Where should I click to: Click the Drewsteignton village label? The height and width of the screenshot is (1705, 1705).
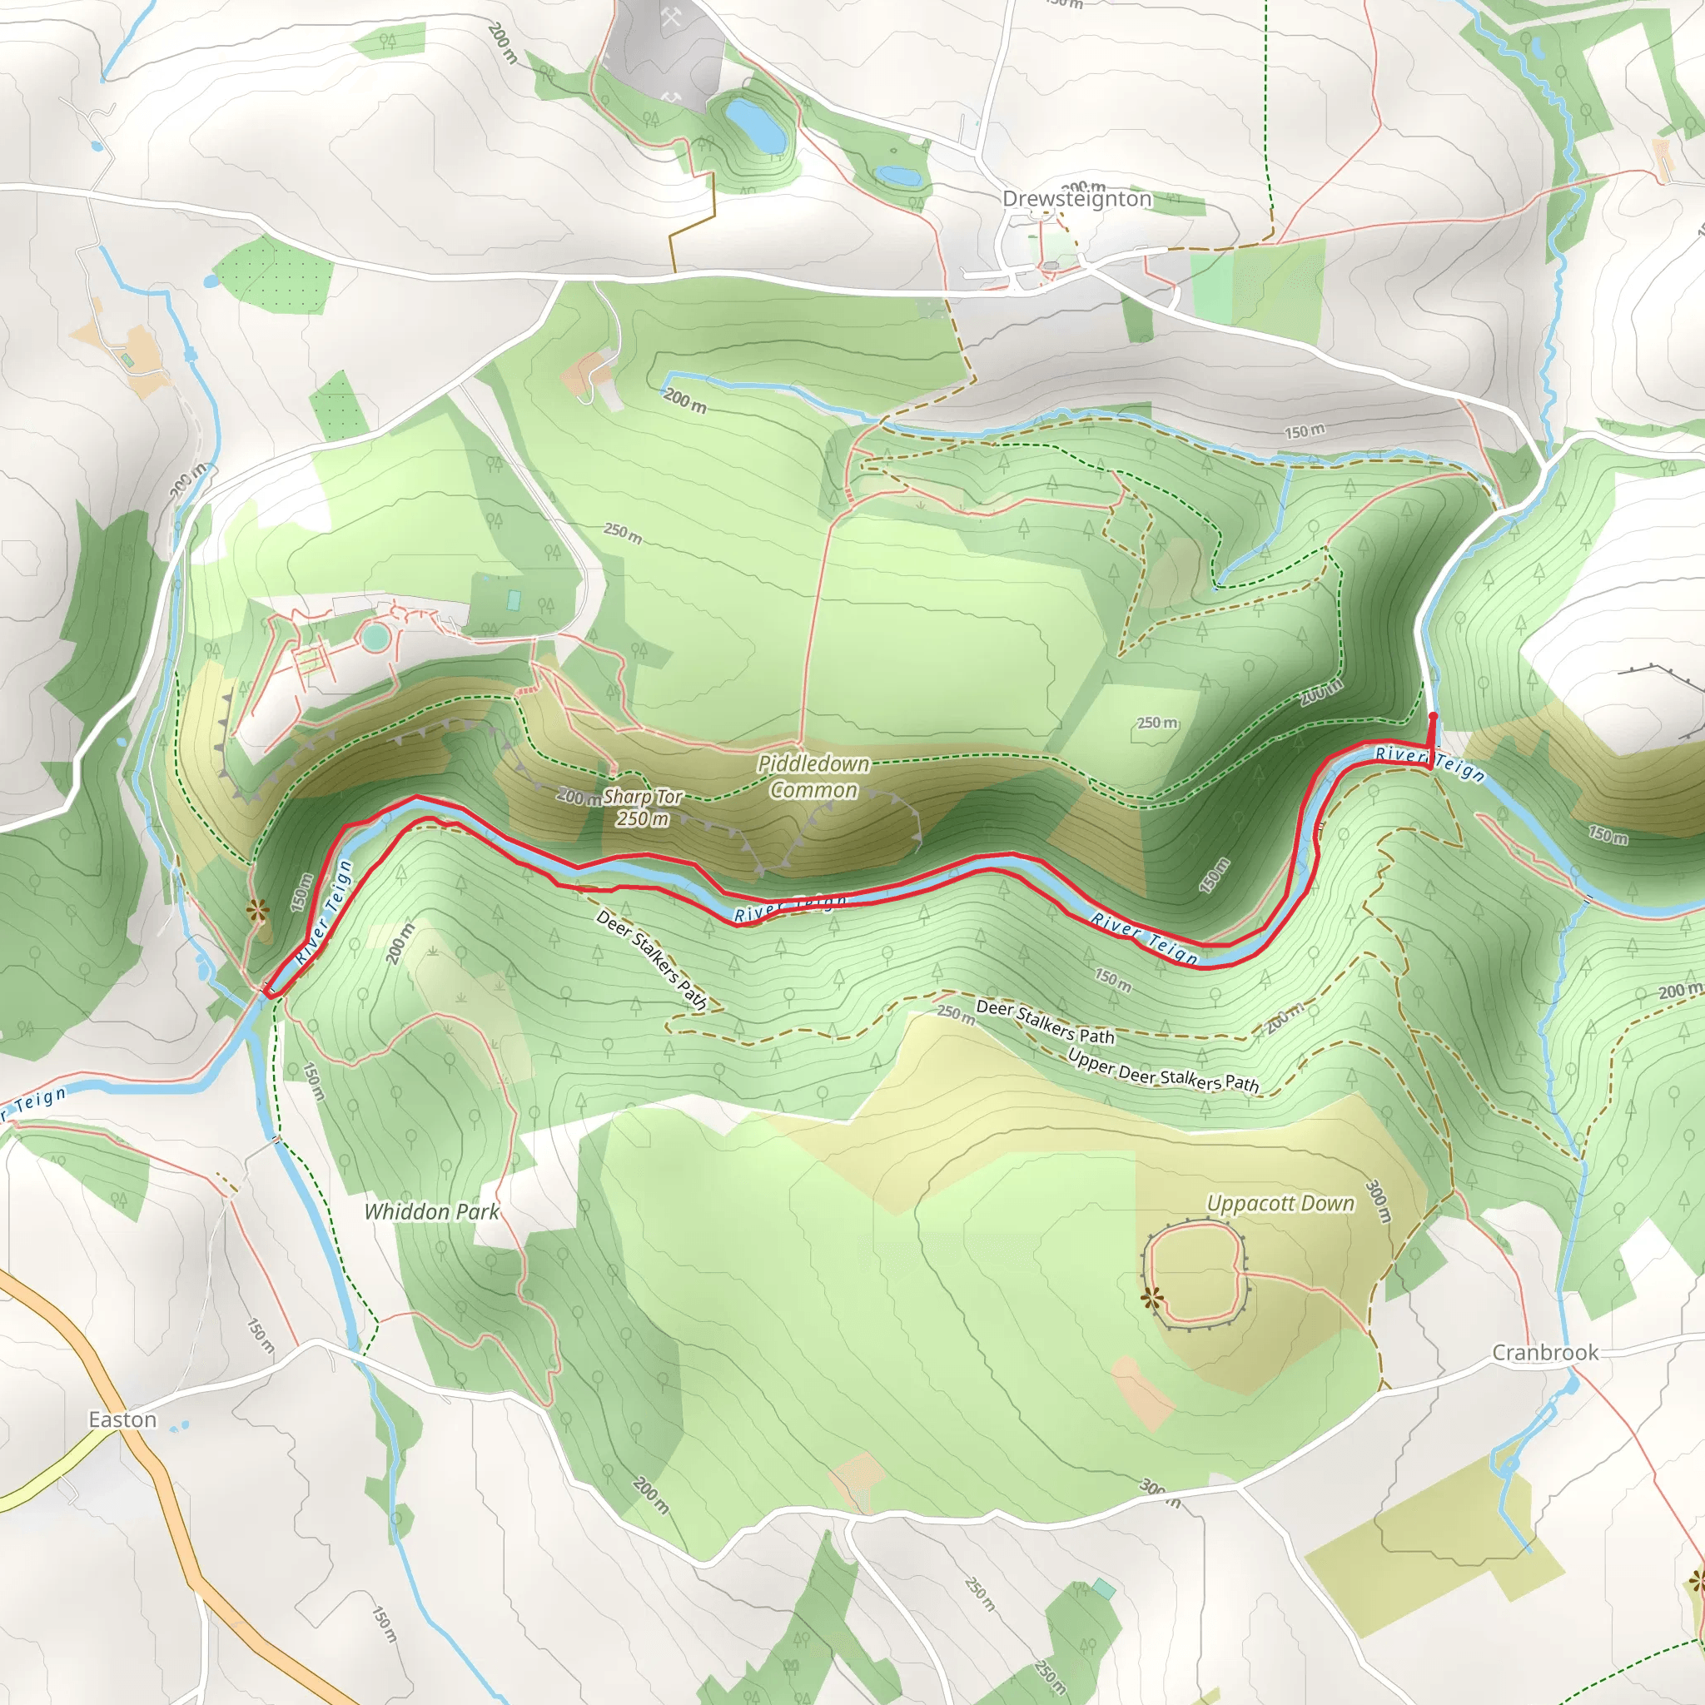coord(1076,200)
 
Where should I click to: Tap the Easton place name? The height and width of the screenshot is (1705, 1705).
coord(122,1419)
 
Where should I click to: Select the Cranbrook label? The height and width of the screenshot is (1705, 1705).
coord(1544,1352)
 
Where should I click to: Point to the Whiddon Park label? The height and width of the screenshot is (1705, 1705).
coord(432,1211)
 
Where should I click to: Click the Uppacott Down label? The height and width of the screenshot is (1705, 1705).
coord(1280,1204)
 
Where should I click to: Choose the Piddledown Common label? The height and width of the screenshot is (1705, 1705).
coord(813,777)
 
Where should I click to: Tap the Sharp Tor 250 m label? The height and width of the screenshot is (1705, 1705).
coord(643,808)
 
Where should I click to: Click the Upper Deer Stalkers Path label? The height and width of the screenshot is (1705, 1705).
coord(1163,1071)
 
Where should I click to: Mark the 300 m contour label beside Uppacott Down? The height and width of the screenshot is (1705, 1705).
coord(1379,1201)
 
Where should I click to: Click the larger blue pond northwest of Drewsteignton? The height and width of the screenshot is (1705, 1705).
coord(755,124)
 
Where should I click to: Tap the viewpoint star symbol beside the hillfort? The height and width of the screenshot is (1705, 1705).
coord(1151,1297)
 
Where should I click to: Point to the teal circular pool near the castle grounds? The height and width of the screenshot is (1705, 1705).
coord(375,635)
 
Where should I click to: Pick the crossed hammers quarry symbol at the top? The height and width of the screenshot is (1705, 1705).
coord(671,17)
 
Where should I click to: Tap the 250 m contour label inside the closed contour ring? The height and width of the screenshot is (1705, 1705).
coord(1157,723)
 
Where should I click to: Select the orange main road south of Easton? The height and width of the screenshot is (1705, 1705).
coord(176,1518)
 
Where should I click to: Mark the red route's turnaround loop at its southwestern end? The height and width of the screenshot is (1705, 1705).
coord(270,992)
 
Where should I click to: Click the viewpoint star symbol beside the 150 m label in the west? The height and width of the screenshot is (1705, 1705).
coord(256,910)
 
